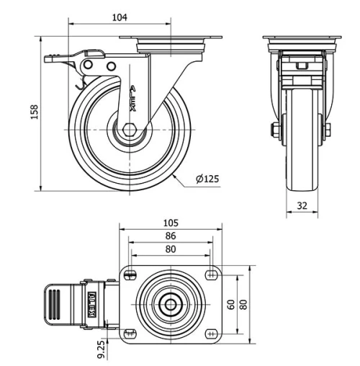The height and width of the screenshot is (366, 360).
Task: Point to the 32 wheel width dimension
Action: click(302, 205)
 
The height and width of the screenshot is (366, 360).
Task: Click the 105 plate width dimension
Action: click(171, 223)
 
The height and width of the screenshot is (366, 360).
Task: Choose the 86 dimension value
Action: click(171, 236)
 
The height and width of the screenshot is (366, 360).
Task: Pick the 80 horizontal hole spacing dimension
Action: click(171, 249)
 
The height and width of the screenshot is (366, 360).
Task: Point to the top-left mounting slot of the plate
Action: click(130, 273)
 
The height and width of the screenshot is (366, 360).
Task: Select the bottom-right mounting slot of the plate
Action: click(211, 334)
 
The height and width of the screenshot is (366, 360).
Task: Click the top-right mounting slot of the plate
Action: click(211, 273)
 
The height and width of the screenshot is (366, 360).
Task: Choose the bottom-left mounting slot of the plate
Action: click(130, 333)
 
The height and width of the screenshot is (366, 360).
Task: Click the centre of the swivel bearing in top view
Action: click(171, 303)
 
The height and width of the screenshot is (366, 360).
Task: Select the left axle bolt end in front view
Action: click(276, 130)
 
